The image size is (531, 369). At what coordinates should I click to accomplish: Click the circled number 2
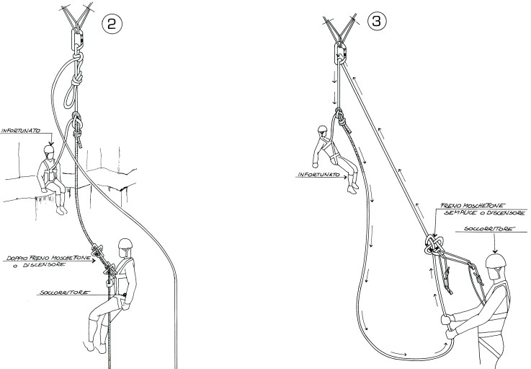pyautogui.click(x=112, y=24)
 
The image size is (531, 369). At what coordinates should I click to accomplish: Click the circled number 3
pyautogui.click(x=377, y=21)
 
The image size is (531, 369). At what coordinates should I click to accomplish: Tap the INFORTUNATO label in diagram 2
pyautogui.click(x=22, y=131)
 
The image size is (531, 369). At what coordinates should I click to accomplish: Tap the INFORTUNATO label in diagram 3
pyautogui.click(x=318, y=175)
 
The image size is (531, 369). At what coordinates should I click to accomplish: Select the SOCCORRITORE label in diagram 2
pyautogui.click(x=65, y=292)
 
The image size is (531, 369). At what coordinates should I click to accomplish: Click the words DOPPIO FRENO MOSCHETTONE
pyautogui.click(x=49, y=259)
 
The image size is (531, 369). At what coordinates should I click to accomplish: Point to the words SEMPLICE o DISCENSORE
pyautogui.click(x=484, y=213)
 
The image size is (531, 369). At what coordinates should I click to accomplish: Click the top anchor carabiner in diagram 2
pyautogui.click(x=77, y=38)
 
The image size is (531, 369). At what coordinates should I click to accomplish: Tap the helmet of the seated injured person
pyautogui.click(x=49, y=149)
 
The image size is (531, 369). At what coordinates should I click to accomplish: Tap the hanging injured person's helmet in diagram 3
pyautogui.click(x=322, y=129)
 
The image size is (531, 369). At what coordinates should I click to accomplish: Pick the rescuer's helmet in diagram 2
pyautogui.click(x=125, y=244)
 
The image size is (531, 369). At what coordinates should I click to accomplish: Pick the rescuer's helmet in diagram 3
pyautogui.click(x=496, y=261)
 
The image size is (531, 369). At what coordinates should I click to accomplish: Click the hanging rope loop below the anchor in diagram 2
pyautogui.click(x=70, y=97)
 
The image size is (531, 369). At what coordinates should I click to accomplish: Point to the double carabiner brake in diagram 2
pyautogui.click(x=103, y=259)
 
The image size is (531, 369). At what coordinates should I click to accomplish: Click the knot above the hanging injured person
pyautogui.click(x=339, y=116)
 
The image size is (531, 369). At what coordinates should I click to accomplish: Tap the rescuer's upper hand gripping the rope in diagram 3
pyautogui.click(x=447, y=319)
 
